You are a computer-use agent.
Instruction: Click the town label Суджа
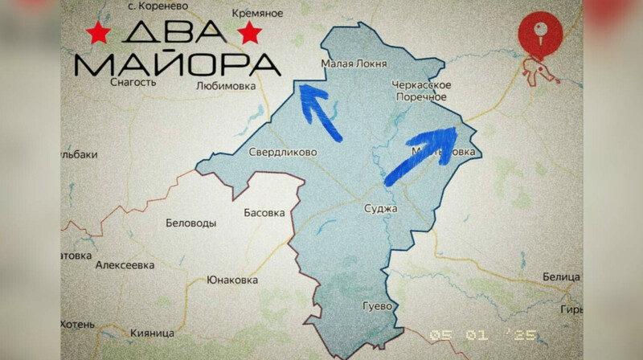click(380, 209)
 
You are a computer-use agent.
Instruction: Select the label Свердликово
click(282, 152)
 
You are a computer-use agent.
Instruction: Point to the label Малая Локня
click(354, 63)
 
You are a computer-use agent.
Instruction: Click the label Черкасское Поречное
click(421, 91)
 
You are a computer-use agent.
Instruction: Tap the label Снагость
click(132, 80)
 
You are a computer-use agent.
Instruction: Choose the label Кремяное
click(258, 14)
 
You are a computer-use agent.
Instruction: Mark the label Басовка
click(264, 213)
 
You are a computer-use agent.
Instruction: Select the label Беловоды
click(190, 223)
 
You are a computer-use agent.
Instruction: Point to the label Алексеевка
click(125, 264)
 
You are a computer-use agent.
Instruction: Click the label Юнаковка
click(232, 280)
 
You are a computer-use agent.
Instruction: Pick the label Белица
click(561, 277)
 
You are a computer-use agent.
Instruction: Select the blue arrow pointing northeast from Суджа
click(420, 154)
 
